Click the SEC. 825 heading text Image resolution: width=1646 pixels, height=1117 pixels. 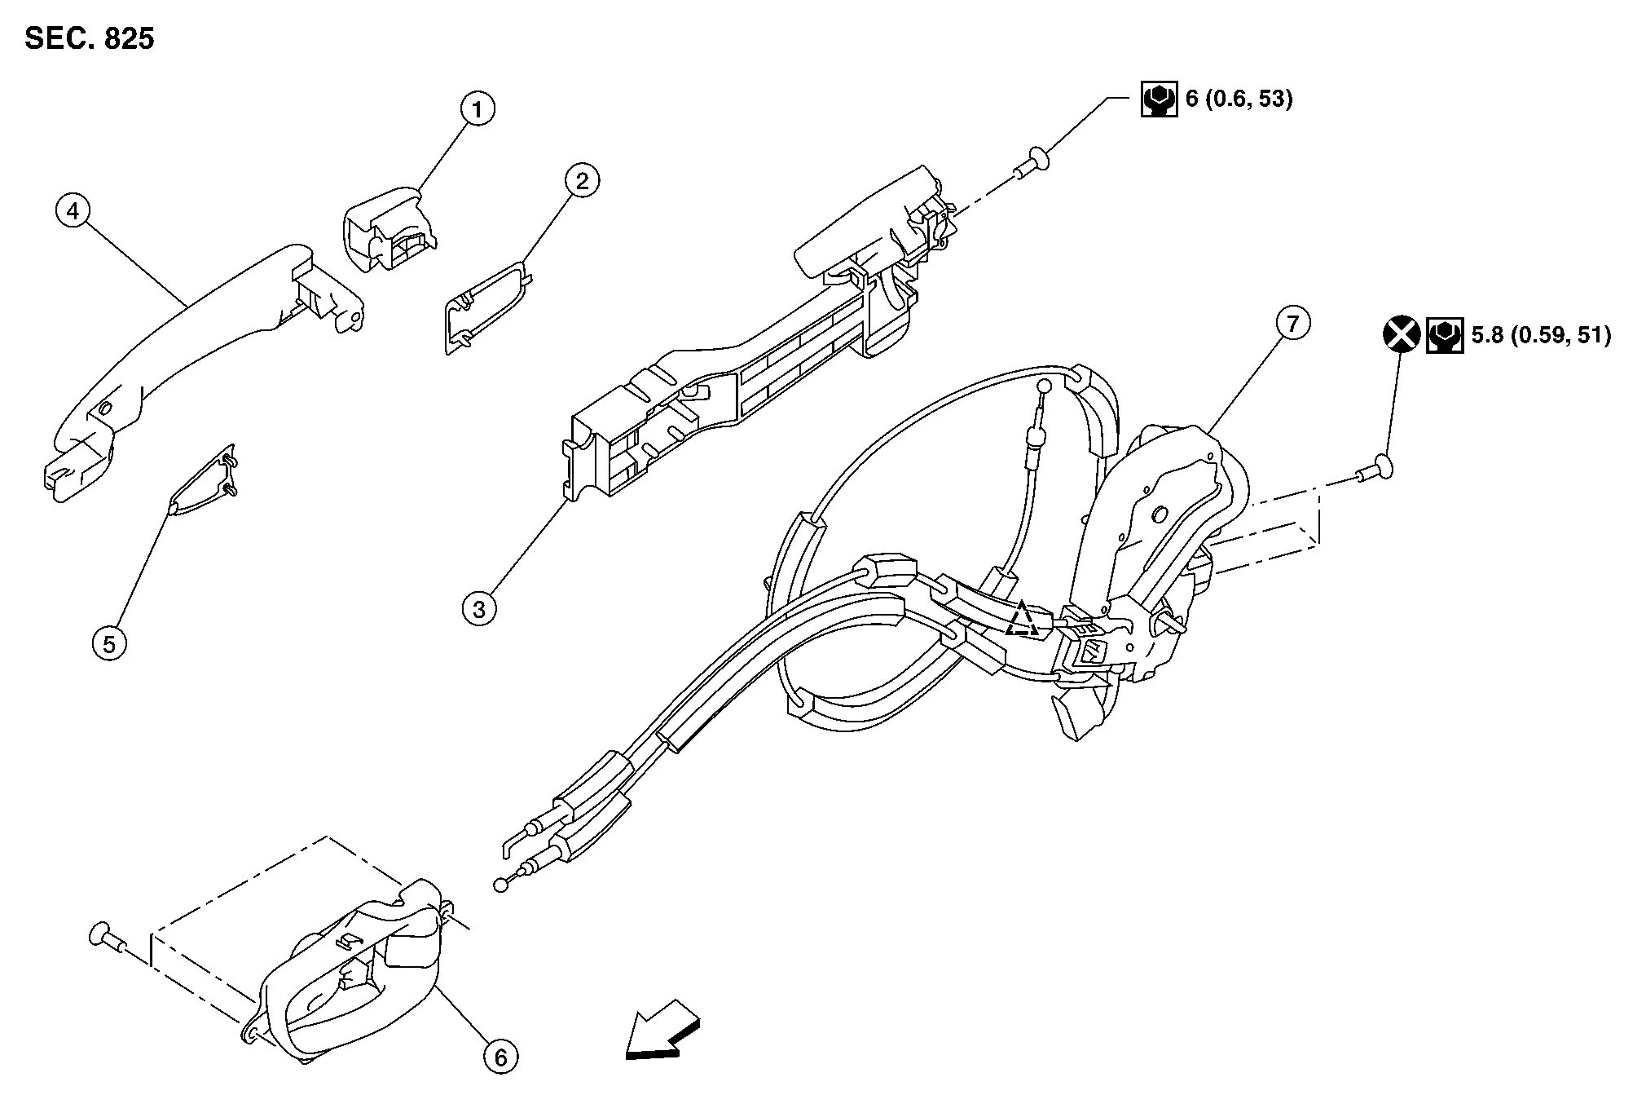tap(90, 38)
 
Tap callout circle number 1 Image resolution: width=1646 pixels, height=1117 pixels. tap(478, 108)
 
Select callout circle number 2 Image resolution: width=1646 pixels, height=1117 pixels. tap(582, 180)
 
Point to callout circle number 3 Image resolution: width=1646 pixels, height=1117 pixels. tap(479, 608)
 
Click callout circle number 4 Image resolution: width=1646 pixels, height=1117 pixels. tap(73, 211)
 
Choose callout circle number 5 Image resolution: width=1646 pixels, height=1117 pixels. tap(109, 643)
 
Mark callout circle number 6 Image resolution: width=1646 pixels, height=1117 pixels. tap(500, 1057)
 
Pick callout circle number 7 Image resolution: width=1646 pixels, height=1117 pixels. tap(1292, 324)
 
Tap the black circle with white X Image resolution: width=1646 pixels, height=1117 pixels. tap(1402, 334)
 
